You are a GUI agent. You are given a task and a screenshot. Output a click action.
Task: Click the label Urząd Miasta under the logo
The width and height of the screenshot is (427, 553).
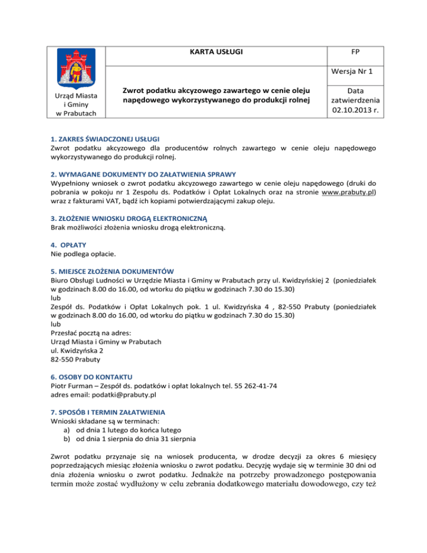click(x=77, y=96)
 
